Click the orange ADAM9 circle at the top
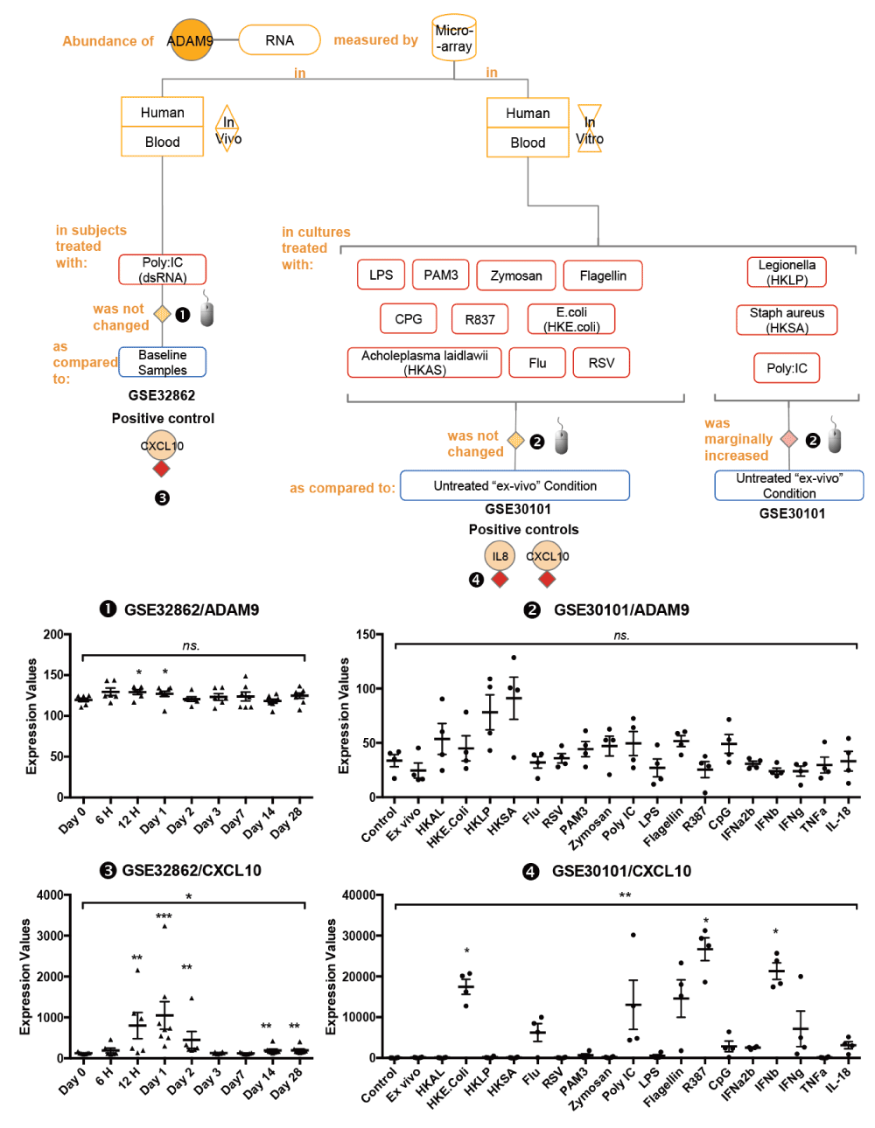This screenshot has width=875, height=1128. (x=191, y=40)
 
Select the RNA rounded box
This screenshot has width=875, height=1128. (x=279, y=40)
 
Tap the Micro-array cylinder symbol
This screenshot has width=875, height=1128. (x=454, y=38)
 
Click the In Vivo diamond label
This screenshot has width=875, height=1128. (x=227, y=129)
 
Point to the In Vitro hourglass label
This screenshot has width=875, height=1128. (x=590, y=129)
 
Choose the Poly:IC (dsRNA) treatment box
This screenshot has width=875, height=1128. (x=162, y=269)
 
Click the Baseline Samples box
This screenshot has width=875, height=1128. (x=162, y=362)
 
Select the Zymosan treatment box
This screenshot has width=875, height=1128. (x=515, y=275)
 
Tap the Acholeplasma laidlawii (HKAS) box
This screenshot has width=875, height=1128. (x=424, y=362)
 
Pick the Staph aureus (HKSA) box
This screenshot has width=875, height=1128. (x=787, y=320)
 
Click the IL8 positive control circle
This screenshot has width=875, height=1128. (x=500, y=556)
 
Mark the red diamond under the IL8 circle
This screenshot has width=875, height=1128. (x=500, y=580)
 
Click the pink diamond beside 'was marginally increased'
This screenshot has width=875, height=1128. (x=788, y=439)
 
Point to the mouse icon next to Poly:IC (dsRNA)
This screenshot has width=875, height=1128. (x=206, y=309)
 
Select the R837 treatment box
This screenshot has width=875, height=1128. (x=479, y=319)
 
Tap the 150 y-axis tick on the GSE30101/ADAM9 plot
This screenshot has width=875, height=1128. (x=366, y=634)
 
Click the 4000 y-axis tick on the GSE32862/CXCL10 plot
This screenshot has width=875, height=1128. (x=50, y=895)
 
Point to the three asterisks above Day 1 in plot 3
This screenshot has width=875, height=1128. (x=164, y=916)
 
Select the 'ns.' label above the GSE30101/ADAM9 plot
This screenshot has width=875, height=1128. (x=621, y=636)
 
